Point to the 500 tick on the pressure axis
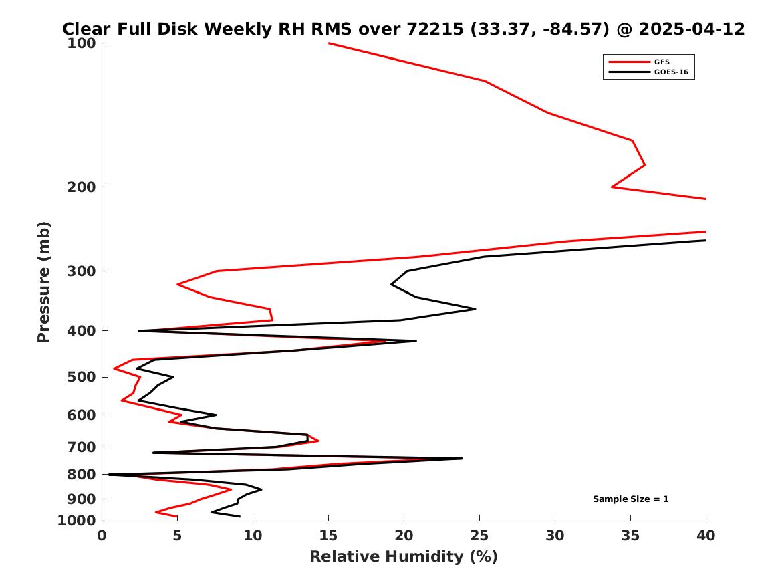(x=81, y=377)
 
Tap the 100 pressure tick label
(x=81, y=43)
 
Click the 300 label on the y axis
(x=81, y=271)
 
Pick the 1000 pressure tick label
(x=77, y=520)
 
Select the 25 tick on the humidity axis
(x=479, y=536)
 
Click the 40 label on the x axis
(x=706, y=536)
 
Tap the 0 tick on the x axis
(x=102, y=536)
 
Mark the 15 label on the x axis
(x=328, y=536)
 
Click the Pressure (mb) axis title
(x=43, y=282)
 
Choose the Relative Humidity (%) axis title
(x=404, y=556)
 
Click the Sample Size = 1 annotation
(x=631, y=499)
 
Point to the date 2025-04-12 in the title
(x=692, y=29)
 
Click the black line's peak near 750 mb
(x=462, y=458)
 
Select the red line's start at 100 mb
(x=329, y=43)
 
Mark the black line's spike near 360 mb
(x=475, y=309)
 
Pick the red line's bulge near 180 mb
(x=645, y=164)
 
